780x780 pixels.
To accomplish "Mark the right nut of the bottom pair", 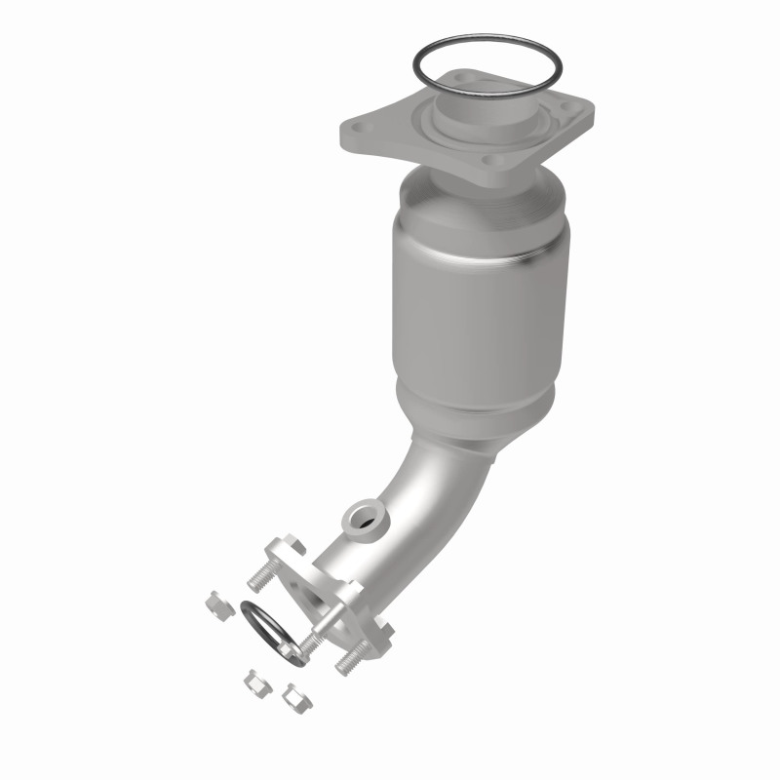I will coord(290,695).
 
